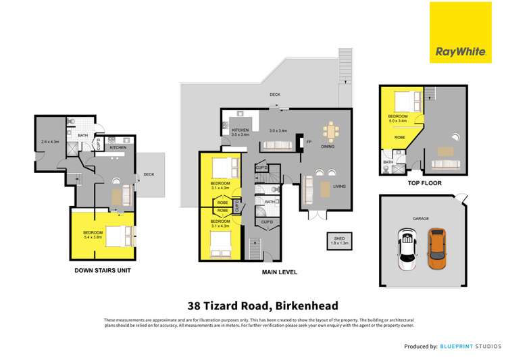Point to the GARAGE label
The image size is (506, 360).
[422, 219]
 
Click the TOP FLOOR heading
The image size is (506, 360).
[422, 183]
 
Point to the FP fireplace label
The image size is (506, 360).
[309, 143]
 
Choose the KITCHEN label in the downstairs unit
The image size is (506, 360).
[118, 147]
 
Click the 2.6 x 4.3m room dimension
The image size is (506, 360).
[50, 142]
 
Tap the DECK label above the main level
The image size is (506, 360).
[274, 95]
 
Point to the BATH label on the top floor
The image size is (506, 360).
[388, 162]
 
